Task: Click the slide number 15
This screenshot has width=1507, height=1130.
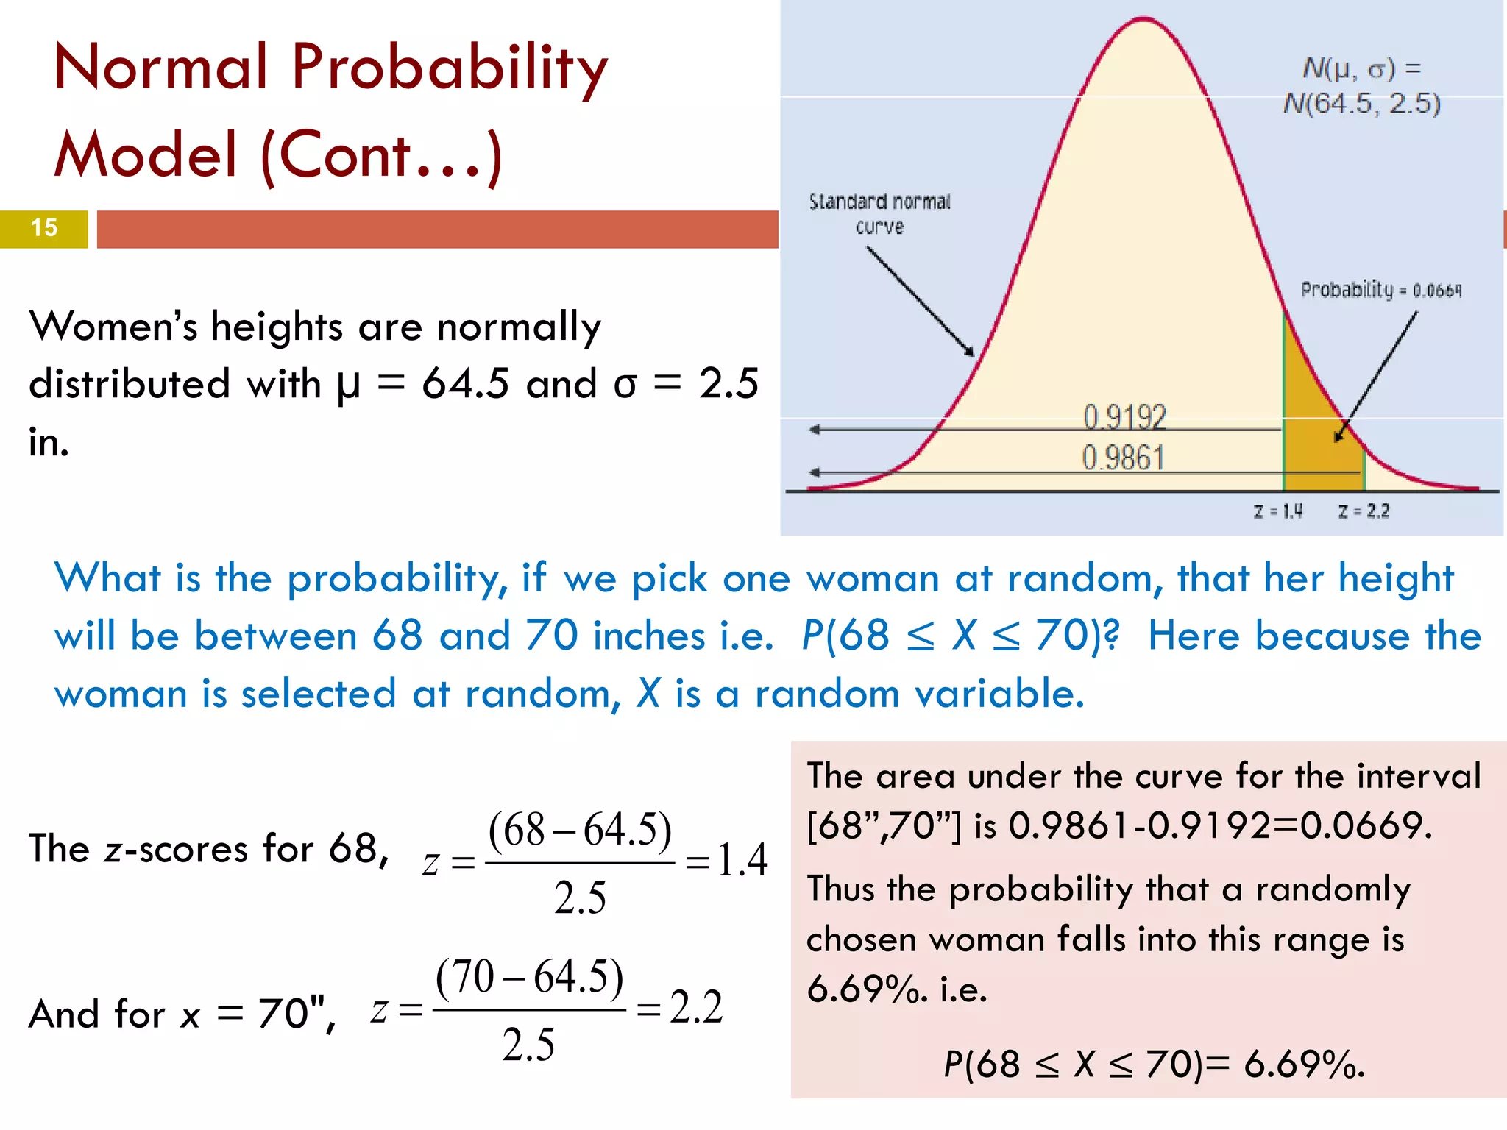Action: click(44, 228)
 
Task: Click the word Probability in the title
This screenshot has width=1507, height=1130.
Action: click(450, 69)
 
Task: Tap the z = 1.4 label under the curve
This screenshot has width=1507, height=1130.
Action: click(1278, 511)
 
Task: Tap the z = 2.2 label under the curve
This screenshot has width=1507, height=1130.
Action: click(1364, 511)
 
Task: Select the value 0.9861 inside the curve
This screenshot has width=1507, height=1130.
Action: click(1123, 458)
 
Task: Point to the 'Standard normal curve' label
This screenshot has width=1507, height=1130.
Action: click(879, 213)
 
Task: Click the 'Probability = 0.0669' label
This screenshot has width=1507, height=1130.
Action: click(1380, 290)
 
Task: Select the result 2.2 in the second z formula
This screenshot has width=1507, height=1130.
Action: click(696, 1006)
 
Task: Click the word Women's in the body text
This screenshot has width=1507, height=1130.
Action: click(113, 327)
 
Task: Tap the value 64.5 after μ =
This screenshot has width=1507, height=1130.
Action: click(465, 384)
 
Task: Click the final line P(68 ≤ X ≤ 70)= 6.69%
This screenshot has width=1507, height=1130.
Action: click(1153, 1064)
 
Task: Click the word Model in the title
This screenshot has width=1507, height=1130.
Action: click(145, 155)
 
